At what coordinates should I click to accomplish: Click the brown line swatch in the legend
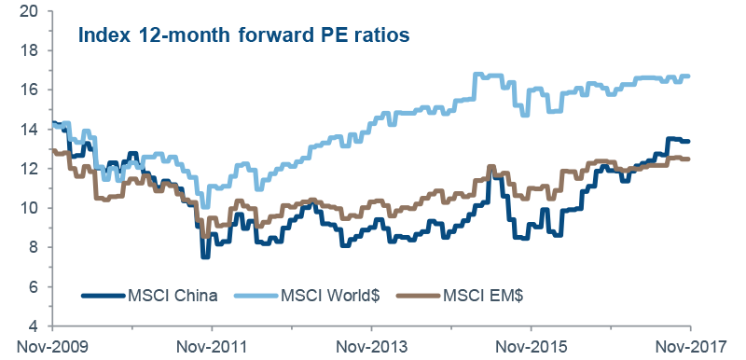click(x=416, y=297)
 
